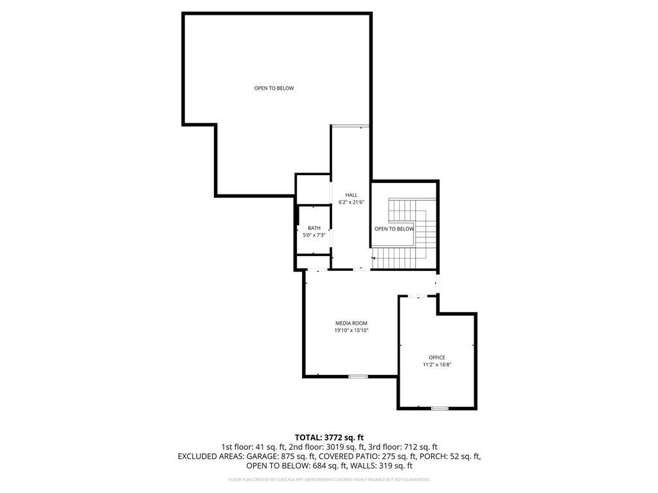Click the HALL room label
[x=351, y=195]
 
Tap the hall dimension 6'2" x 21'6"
[x=351, y=202]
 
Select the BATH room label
[x=314, y=228]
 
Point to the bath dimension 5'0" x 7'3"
[x=314, y=236]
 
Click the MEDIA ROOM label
[x=351, y=323]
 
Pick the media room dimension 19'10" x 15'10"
[x=351, y=331]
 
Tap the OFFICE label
[x=437, y=358]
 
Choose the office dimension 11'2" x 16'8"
[x=437, y=365]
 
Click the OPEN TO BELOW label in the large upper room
[x=274, y=88]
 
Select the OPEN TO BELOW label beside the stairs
[x=394, y=229]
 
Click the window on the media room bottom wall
[x=358, y=376]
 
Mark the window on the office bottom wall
[x=440, y=408]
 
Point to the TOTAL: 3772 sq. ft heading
[x=329, y=437]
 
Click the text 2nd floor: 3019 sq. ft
[x=325, y=447]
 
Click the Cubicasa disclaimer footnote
[x=329, y=480]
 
